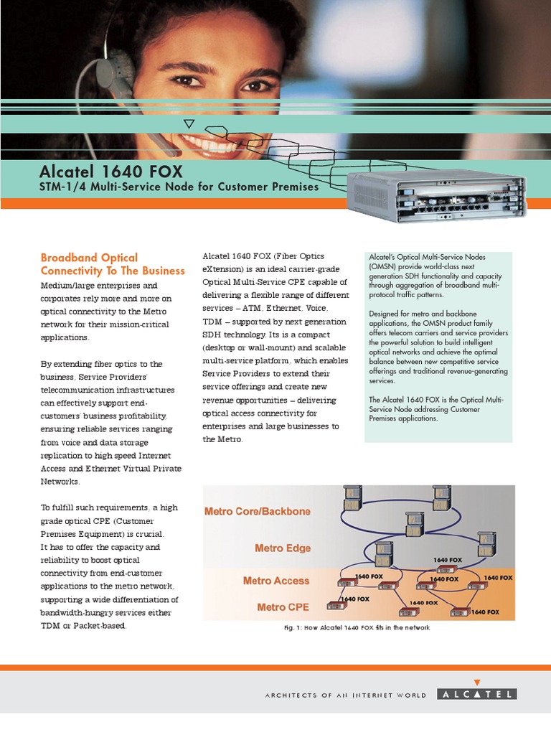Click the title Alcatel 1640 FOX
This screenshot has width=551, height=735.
coord(111,172)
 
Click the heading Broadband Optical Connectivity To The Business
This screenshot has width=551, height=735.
coord(113,264)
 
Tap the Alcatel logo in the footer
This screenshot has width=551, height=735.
coord(477,694)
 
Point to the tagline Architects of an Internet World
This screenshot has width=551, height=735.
coord(346,695)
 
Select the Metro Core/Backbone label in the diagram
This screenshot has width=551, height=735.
coord(258,511)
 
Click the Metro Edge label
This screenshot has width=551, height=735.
coord(283,548)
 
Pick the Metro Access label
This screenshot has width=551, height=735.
coord(276,581)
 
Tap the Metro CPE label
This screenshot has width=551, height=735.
coord(283,607)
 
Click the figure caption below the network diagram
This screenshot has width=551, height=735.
coord(357,627)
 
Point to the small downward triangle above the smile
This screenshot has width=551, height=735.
coord(189,123)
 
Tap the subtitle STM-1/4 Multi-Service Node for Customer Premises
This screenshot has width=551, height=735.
coord(179,187)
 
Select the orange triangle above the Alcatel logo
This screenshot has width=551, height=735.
coord(477,683)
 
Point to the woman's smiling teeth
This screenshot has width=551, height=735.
coord(210,142)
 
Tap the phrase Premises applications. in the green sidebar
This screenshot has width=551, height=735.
coord(403,418)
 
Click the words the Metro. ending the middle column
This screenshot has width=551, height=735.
coord(222,439)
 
